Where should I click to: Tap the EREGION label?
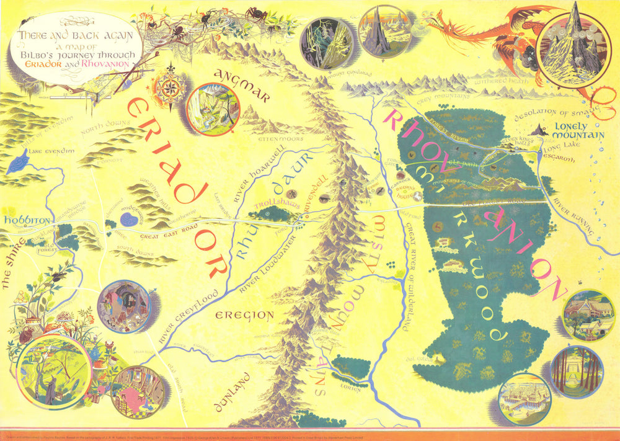(x=244, y=316)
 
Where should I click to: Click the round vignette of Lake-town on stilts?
(x=524, y=398)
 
